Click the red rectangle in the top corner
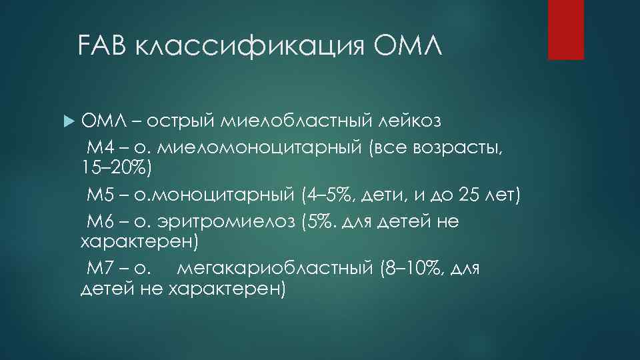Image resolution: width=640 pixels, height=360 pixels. (x=566, y=29)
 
